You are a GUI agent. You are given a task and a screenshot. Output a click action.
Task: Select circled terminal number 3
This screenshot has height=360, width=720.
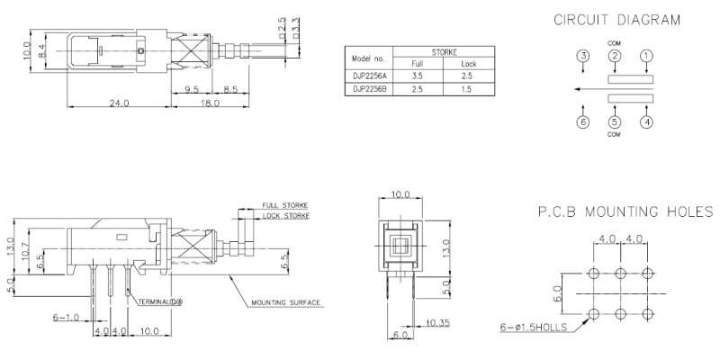tap(583, 56)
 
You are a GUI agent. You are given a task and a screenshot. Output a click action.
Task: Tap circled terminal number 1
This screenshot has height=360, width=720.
tap(646, 56)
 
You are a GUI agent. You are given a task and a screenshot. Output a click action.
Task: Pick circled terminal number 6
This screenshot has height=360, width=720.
tap(583, 122)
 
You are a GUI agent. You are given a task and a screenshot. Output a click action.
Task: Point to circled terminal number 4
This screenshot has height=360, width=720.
tap(646, 122)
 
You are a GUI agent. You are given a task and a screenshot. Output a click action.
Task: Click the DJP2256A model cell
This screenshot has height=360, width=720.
tap(368, 76)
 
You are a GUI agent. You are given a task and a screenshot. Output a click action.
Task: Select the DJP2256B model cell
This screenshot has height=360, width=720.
tap(368, 89)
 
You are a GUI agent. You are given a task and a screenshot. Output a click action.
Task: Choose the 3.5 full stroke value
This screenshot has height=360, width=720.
tap(418, 76)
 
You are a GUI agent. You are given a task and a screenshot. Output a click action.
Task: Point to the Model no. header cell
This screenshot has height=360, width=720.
tap(368, 58)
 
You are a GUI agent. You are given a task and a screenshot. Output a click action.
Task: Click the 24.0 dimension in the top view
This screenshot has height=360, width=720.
tap(119, 103)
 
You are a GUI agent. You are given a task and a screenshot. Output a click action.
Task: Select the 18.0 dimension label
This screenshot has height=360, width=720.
tap(210, 103)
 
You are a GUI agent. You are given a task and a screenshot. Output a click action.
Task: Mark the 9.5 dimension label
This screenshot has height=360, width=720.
tap(191, 89)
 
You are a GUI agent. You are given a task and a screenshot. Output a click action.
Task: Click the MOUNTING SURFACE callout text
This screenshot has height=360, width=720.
tap(285, 302)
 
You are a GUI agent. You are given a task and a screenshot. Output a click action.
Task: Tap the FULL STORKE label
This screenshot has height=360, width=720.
tap(284, 205)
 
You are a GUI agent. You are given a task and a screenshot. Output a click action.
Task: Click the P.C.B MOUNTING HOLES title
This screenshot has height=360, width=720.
tap(625, 212)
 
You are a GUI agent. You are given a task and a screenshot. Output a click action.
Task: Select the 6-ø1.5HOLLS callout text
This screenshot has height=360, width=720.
tap(534, 328)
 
